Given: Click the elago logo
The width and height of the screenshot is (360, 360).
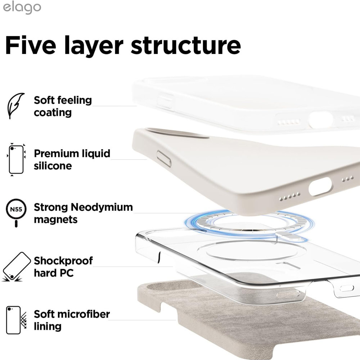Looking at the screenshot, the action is click(22, 8).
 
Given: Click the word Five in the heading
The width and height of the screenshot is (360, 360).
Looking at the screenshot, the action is click(31, 45).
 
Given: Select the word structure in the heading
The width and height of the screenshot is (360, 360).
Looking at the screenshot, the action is click(186, 45).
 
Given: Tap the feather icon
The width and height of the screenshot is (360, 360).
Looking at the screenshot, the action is click(15, 105).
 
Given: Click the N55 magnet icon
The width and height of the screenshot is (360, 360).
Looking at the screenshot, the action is click(16, 212).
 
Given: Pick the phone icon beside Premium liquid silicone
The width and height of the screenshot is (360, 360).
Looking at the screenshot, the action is click(16, 159).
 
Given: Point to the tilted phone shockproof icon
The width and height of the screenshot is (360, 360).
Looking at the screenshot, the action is click(16, 267).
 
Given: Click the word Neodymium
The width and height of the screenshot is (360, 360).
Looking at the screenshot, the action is click(102, 207).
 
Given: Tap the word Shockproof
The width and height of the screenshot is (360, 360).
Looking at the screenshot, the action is click(63, 261).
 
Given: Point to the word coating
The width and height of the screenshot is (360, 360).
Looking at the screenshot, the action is click(53, 113).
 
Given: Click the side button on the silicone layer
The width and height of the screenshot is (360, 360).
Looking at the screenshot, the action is click(164, 159).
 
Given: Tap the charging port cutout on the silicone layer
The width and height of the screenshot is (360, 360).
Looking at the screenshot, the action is click(320, 186).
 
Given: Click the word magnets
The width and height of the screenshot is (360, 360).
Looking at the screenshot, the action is click(55, 220).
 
